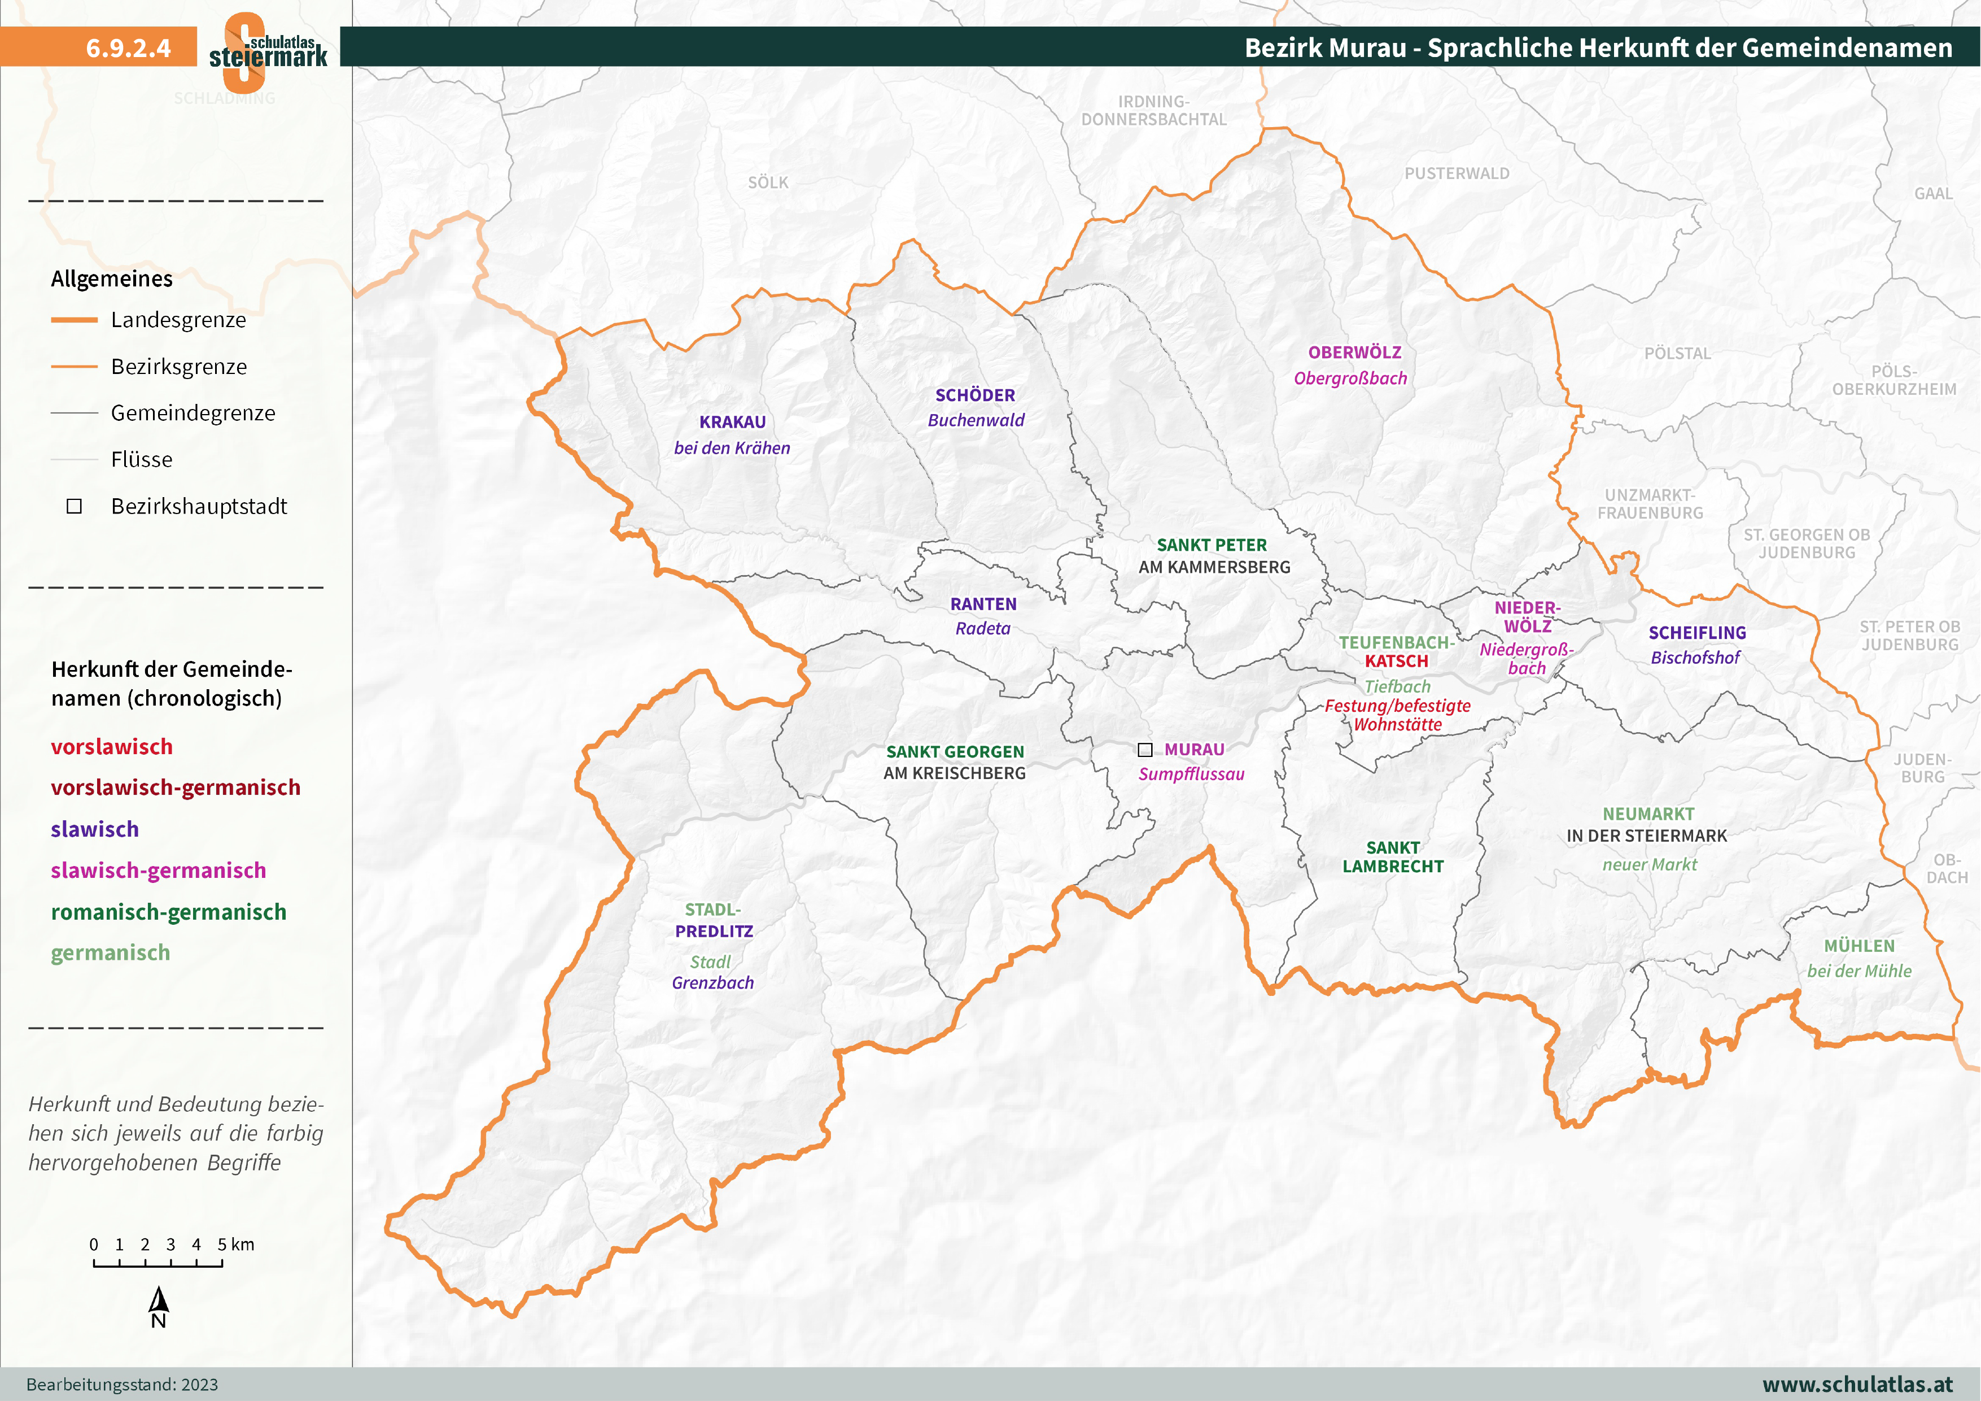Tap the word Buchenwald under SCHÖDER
click(976, 420)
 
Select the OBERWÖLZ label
click(1354, 352)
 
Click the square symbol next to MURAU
click(1145, 749)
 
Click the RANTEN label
click(983, 604)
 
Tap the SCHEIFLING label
click(1696, 633)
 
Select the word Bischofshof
click(1695, 658)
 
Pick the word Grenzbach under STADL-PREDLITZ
click(712, 982)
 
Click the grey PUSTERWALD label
click(1457, 173)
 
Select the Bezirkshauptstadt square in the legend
click(74, 507)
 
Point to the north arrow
click(159, 1301)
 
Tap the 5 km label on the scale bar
click(235, 1244)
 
